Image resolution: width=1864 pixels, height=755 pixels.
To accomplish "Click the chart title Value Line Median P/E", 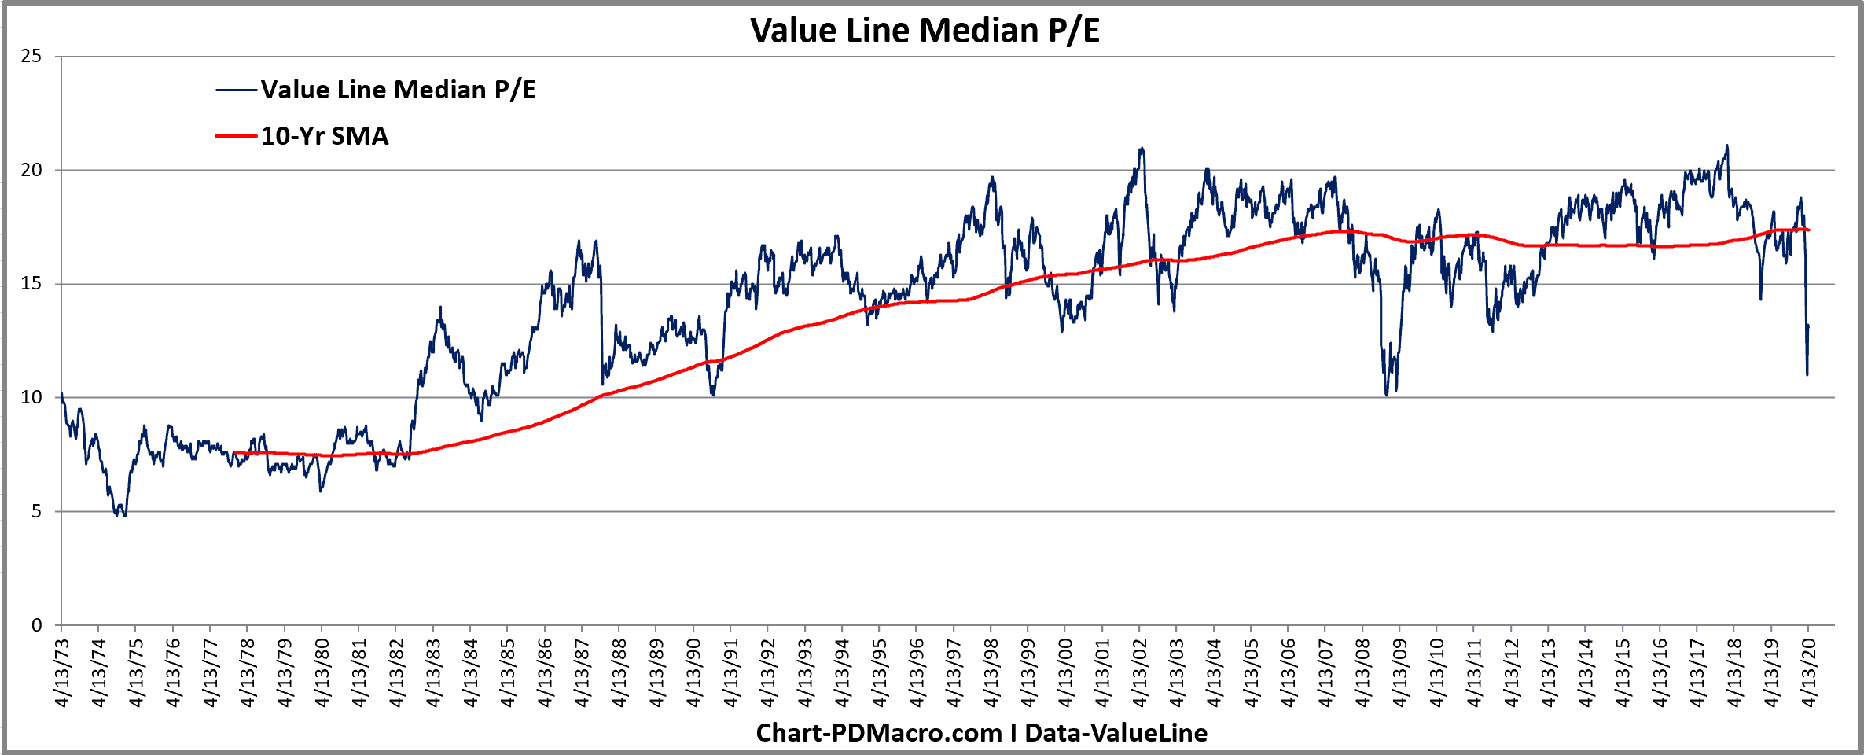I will (x=925, y=31).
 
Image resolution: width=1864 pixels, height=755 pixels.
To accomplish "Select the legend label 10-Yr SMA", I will (x=325, y=136).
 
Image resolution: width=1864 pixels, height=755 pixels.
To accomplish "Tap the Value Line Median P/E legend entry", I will (x=398, y=90).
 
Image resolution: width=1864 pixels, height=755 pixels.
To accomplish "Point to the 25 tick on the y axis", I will (x=31, y=56).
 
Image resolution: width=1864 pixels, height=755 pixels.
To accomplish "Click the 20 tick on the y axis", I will (x=31, y=170).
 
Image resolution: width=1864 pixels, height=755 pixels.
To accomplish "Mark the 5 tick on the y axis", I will (x=36, y=511).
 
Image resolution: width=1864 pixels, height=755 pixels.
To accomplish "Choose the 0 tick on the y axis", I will (x=36, y=625).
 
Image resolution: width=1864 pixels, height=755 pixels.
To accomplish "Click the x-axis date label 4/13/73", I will (x=62, y=673).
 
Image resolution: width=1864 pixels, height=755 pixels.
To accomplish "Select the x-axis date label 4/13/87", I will (x=583, y=673).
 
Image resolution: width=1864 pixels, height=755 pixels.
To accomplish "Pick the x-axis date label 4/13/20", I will (x=1809, y=673).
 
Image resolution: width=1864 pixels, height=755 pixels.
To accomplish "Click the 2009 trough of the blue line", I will (x=1387, y=394).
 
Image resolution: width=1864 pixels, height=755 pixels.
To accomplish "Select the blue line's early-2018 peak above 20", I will (x=1726, y=145).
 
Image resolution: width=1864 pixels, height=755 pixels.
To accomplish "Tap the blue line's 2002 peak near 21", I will (x=1141, y=148).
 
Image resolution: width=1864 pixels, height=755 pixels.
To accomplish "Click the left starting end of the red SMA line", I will (x=234, y=452).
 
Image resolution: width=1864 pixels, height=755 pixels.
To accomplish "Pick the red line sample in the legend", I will (x=236, y=136).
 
